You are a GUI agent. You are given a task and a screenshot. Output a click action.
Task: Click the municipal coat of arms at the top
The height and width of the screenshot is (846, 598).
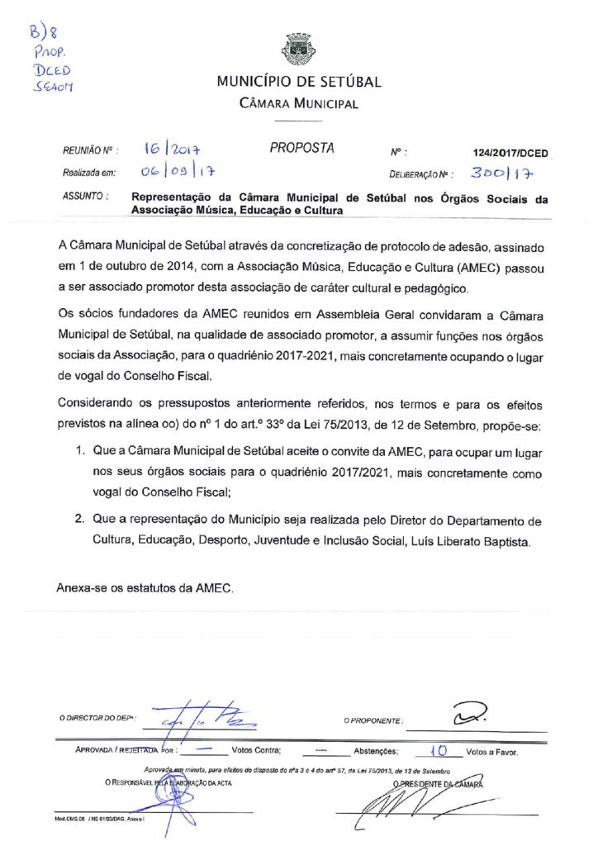[298, 50]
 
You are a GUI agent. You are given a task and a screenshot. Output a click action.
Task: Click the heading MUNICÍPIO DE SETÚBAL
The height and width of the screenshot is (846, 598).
[298, 82]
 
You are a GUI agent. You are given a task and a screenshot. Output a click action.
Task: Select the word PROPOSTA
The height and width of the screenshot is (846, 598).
[301, 149]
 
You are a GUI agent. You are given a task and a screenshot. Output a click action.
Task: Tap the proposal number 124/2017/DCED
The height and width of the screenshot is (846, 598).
[510, 154]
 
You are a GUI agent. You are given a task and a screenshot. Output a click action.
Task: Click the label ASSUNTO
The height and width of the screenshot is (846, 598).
[83, 197]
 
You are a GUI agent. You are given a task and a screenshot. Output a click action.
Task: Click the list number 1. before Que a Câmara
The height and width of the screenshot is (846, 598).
[80, 454]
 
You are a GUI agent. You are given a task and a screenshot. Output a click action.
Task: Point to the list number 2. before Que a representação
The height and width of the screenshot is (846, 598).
[80, 521]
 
